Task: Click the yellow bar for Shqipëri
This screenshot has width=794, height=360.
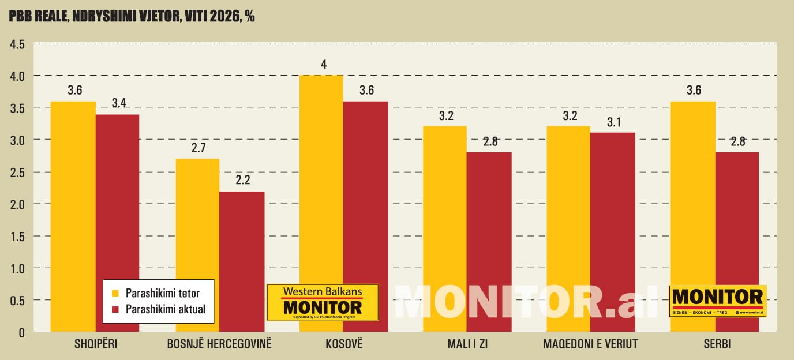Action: tap(73, 216)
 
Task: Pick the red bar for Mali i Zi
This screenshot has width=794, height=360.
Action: tap(489, 242)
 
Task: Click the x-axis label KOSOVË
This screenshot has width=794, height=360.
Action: tap(343, 345)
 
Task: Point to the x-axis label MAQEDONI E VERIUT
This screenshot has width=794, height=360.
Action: tap(590, 345)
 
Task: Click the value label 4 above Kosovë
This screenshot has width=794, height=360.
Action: tap(324, 65)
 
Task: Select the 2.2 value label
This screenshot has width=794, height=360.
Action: tap(242, 181)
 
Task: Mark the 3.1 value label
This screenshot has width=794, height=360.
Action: tap(612, 122)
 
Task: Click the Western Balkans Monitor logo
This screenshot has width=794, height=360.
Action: tap(323, 302)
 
